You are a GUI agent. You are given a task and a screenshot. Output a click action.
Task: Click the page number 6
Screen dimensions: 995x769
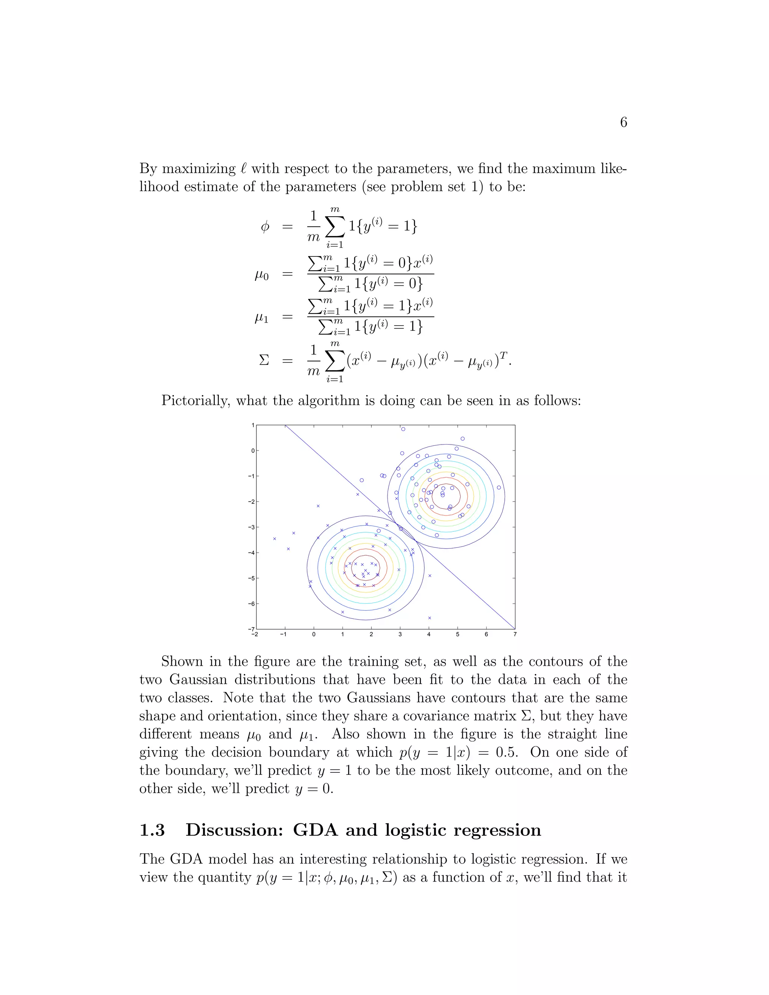point(623,122)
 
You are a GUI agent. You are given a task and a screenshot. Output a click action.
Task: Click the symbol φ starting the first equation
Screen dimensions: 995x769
point(265,226)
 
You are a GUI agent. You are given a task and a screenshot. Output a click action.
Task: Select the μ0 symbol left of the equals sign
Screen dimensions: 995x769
point(261,275)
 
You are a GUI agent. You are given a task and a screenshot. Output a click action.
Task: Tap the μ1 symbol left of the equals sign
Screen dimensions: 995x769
point(261,318)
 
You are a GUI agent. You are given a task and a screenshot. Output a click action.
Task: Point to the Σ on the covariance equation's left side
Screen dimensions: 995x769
point(264,360)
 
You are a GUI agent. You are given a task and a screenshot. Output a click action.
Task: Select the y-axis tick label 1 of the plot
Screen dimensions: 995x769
point(253,425)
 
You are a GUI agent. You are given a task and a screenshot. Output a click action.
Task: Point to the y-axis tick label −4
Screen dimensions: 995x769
point(251,553)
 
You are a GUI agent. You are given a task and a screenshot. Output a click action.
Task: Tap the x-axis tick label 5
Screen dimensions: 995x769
point(457,634)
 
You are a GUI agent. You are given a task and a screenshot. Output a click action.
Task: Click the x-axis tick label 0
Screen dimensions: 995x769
point(314,634)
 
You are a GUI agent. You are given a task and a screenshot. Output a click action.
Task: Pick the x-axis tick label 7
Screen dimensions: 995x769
point(515,634)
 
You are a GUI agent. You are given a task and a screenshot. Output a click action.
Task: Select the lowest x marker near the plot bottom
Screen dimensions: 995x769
point(429,618)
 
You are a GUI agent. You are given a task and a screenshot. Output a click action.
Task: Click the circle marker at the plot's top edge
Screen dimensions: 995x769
point(403,429)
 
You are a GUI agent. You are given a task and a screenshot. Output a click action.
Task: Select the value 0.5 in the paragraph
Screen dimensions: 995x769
point(506,752)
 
